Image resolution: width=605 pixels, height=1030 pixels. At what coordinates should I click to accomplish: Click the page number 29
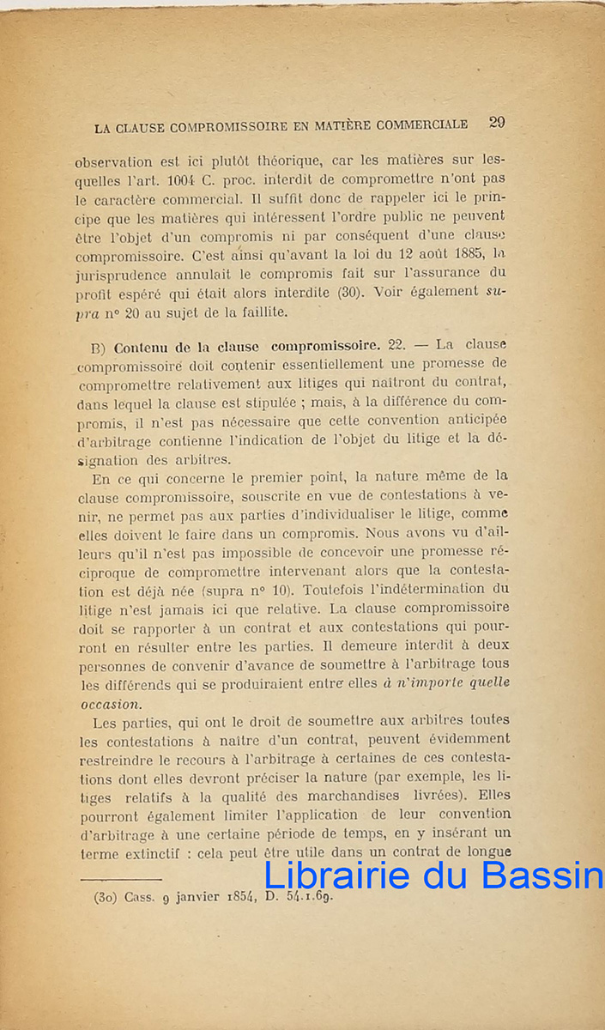[497, 122]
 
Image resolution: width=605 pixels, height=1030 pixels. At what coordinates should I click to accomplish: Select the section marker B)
[97, 348]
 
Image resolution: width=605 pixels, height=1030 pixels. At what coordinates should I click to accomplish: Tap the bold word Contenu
[141, 348]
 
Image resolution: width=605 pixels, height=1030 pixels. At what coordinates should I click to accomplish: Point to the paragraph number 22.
[396, 345]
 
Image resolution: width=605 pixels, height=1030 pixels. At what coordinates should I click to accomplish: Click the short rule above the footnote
[120, 878]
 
